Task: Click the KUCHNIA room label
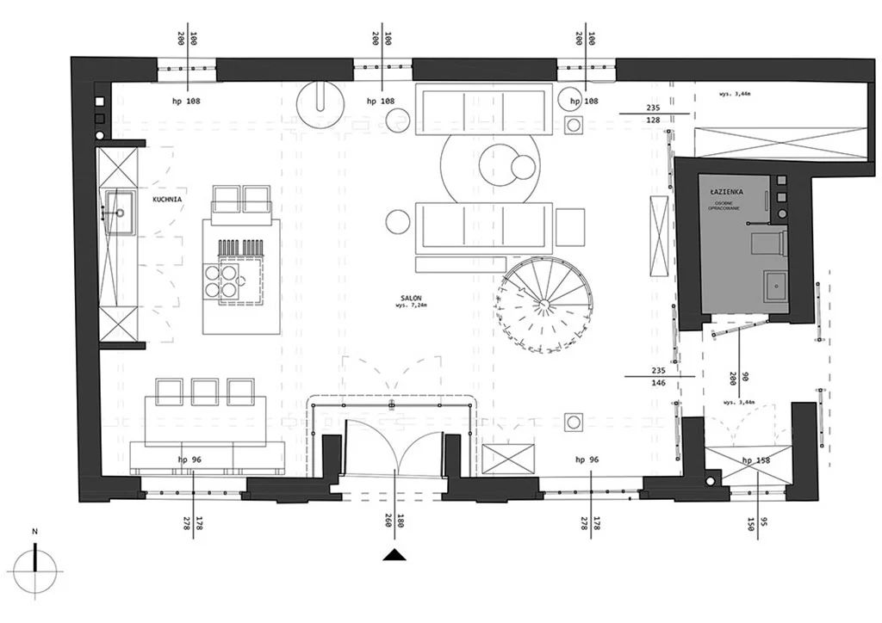click(167, 199)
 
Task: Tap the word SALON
click(410, 297)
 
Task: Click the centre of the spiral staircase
click(544, 302)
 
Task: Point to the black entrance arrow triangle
click(395, 556)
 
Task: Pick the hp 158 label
click(755, 460)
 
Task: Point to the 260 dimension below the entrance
click(388, 521)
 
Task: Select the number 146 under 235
click(660, 385)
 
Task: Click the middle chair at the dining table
click(205, 392)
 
